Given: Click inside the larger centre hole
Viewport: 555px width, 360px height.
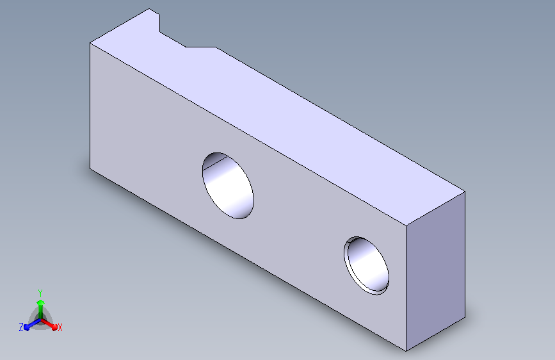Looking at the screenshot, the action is pos(228,186).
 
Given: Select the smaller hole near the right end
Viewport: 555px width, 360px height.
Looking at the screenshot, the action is pos(366,266).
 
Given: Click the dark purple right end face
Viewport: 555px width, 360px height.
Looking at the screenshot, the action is pos(435,271).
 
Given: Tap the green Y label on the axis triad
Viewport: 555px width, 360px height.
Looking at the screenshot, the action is pos(40,293).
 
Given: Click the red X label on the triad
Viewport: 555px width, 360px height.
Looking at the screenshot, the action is pos(60,327).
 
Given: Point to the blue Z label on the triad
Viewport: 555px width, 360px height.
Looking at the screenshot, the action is pos(21,327).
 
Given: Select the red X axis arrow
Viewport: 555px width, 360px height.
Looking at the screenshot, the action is pos(49,324).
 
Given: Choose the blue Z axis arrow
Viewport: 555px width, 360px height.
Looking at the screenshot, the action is pos(33,324).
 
